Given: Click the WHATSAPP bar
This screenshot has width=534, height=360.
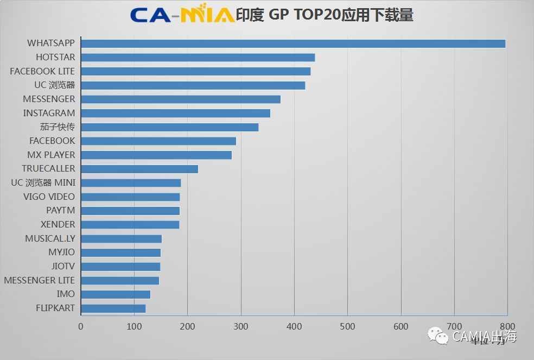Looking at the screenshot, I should coord(293,43).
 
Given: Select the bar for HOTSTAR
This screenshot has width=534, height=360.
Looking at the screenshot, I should coord(198,58).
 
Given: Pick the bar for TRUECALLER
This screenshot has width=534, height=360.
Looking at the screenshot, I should coord(139,169).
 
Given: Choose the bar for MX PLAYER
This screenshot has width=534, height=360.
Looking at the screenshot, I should coord(156,155).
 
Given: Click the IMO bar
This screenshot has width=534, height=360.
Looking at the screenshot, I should coord(116,294).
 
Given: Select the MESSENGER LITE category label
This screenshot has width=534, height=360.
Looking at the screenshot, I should coord(39,280).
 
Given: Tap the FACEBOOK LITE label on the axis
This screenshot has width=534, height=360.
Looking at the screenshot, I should coord(42,71).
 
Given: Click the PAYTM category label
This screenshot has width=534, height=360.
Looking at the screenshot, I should coord(60,211).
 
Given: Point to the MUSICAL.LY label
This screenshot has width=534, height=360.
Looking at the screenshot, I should coord(50,238).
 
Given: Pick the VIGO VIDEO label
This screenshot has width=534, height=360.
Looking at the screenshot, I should coord(49,197).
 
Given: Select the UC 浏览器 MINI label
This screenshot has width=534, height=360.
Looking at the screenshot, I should coord(43,182).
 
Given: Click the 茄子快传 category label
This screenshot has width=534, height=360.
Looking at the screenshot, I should coord(57,127).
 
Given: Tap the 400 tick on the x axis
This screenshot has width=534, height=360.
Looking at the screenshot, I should coord(294,326).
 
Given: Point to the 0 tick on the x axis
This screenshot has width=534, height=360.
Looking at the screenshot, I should coord(81,326).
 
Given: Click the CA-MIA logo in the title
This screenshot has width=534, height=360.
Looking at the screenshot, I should coord(182,15).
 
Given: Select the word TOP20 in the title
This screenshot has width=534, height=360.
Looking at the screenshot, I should coord(315,15).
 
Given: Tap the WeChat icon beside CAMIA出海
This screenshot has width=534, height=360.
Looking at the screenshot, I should coord(438,337).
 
